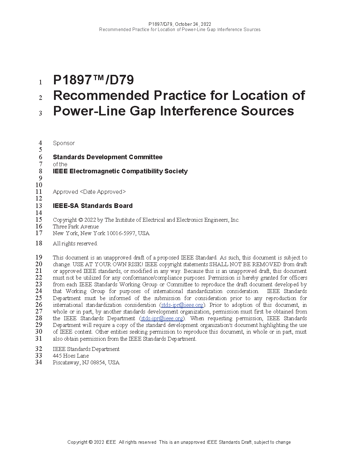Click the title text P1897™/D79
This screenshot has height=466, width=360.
pos(93,80)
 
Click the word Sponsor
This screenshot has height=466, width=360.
pos(64,143)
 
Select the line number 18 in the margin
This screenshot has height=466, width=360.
pos(38,243)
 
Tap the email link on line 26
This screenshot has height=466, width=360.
pos(182,305)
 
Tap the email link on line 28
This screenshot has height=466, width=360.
pos(162,318)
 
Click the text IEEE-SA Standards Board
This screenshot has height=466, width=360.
pos(92,206)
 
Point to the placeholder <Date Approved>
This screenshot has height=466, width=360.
pos(103,192)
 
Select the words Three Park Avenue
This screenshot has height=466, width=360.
pos(76,227)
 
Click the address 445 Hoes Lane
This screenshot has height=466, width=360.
pos(71,356)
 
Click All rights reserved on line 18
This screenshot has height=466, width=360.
pos(75,244)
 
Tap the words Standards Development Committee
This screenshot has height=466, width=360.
pos(108,157)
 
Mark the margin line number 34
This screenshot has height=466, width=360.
pos(38,362)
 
